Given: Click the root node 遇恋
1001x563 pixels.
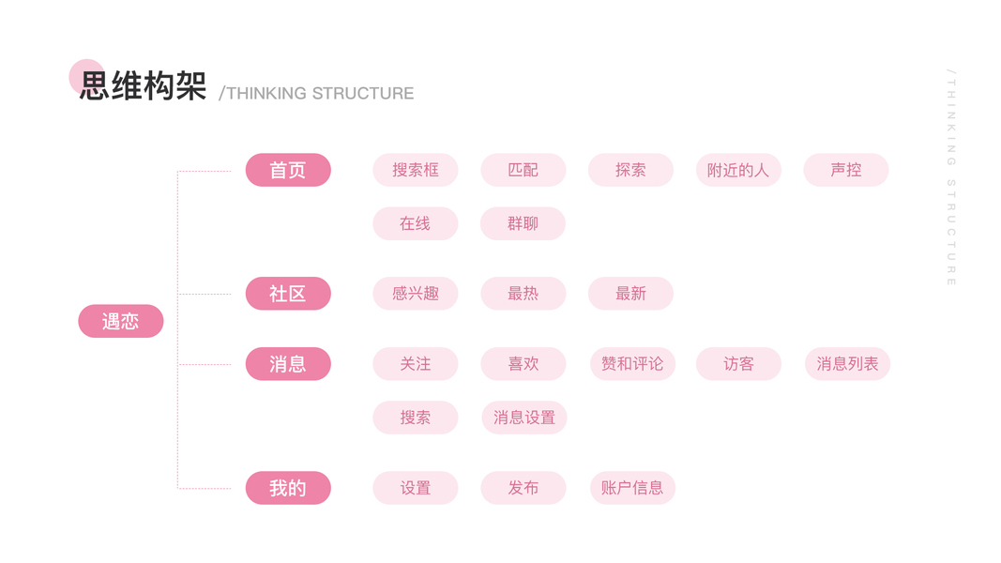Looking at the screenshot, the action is click(120, 321).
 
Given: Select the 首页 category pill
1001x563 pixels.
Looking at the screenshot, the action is click(288, 170).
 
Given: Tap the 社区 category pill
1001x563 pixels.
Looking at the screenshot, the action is click(288, 294).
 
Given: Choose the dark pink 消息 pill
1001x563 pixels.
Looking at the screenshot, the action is click(288, 364).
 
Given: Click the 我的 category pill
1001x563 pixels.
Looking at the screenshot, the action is click(288, 488).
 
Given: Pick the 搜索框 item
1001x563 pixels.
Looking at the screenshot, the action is click(415, 170).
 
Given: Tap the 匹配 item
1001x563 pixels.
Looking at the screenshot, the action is click(523, 170).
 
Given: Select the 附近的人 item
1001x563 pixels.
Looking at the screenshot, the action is click(738, 170).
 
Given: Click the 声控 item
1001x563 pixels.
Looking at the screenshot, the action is click(845, 170).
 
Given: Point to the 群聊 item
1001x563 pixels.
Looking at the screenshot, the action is click(523, 223).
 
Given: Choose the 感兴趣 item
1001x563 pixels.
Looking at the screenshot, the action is click(415, 294).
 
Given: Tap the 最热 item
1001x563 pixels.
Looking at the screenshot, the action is click(523, 294).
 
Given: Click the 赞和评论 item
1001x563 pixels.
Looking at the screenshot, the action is click(631, 364).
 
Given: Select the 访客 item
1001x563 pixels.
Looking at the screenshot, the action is click(738, 364).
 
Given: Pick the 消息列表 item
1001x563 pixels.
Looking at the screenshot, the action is click(846, 364).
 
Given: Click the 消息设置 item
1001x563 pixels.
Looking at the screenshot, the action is click(523, 418).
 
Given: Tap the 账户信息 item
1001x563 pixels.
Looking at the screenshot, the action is click(631, 488).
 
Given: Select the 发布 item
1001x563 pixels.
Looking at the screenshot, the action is click(523, 488).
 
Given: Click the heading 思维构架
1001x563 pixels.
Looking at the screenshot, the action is click(143, 85).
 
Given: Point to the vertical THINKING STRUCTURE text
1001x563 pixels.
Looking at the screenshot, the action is click(951, 177).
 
